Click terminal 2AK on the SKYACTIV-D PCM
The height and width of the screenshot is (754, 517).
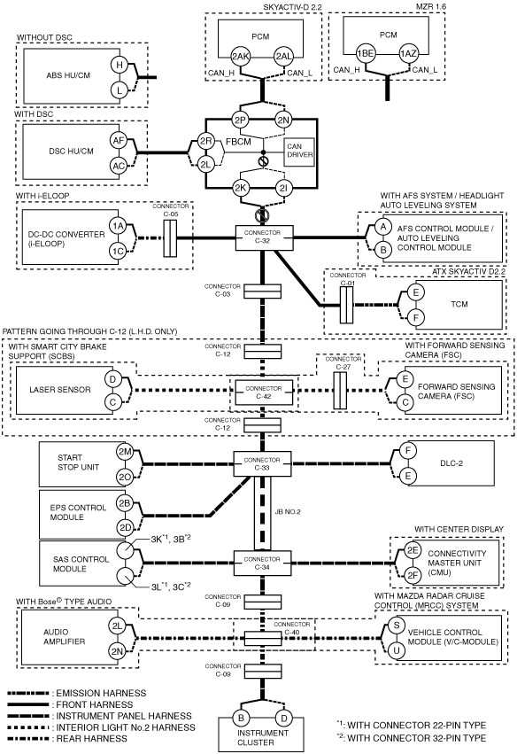(x=240, y=56)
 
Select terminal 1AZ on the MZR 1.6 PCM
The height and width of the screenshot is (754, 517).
(x=408, y=54)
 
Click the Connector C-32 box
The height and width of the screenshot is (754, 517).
(x=264, y=237)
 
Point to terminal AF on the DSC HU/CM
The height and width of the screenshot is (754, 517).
(x=119, y=141)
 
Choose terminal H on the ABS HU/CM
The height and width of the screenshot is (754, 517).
(x=120, y=65)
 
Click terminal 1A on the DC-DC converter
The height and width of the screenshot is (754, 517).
(x=118, y=226)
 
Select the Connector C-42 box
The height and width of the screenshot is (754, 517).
(x=263, y=393)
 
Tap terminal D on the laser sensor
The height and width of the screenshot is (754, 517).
(x=112, y=379)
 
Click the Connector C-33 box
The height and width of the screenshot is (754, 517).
(x=262, y=464)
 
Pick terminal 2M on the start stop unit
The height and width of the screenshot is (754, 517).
(x=125, y=452)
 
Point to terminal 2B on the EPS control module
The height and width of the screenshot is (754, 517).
(x=125, y=503)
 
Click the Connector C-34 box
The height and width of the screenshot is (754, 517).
(x=262, y=564)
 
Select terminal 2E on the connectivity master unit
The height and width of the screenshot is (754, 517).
(x=412, y=550)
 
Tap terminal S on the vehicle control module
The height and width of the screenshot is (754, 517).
(x=397, y=626)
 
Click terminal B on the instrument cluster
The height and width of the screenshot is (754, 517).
(x=241, y=718)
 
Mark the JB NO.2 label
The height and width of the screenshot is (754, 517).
(x=288, y=511)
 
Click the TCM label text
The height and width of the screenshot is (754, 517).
(x=459, y=304)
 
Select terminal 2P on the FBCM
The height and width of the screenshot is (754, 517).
(x=240, y=120)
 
